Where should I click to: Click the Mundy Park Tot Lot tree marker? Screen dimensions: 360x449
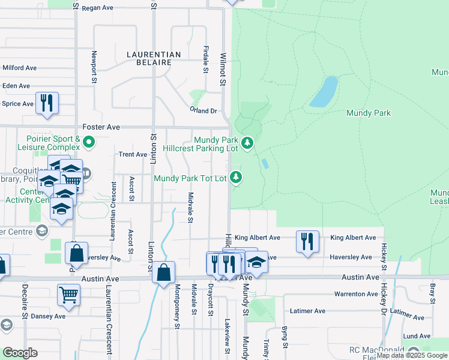click(x=237, y=178)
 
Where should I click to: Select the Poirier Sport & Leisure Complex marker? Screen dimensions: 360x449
click(x=89, y=143)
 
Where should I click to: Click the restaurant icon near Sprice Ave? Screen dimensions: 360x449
click(x=47, y=103)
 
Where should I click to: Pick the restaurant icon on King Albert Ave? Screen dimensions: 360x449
click(x=307, y=242)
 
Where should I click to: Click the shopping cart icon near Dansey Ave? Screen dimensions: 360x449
click(x=68, y=295)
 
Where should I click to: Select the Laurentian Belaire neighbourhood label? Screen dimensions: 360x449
click(x=154, y=58)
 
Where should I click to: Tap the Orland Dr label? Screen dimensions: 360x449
click(x=203, y=111)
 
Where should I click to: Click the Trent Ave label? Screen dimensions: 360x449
click(x=133, y=154)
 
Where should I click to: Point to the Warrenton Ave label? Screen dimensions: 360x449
click(x=357, y=294)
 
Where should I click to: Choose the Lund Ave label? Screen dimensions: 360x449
click(x=417, y=336)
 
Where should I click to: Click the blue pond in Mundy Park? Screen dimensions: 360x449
click(x=323, y=92)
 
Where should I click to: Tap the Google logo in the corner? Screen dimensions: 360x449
click(x=20, y=353)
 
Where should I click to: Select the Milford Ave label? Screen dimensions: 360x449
click(x=20, y=68)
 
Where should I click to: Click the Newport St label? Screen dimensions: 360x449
click(x=94, y=63)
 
